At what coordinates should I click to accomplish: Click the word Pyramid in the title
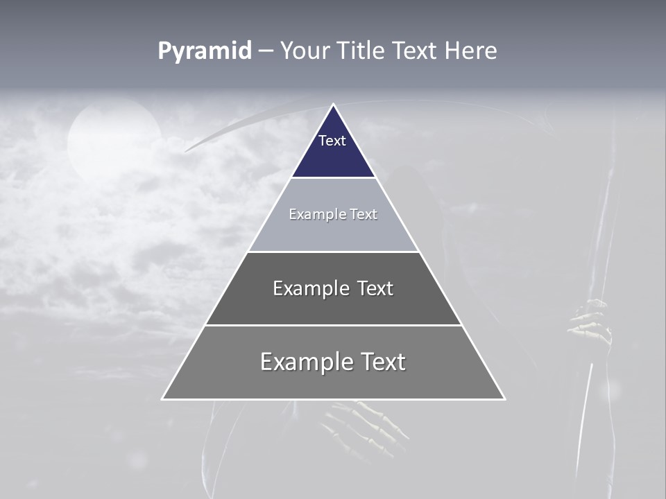[205, 51]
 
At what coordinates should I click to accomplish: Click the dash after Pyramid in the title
[266, 52]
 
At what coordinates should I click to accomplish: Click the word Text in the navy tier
[332, 141]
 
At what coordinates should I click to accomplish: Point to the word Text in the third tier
[375, 288]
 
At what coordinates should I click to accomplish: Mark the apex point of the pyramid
[333, 105]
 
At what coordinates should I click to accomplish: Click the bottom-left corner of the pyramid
[163, 399]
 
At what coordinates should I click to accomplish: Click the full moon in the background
[114, 139]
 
